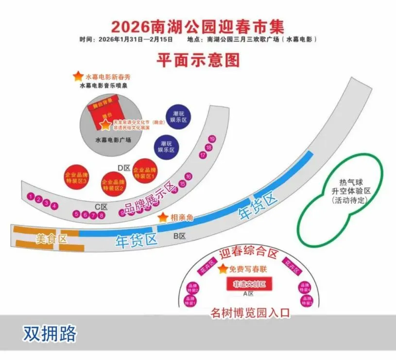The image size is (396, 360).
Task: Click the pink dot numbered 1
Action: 31,197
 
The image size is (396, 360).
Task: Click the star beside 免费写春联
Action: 223,269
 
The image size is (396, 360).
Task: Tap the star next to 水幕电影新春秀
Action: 78,76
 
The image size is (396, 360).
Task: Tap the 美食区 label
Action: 51,239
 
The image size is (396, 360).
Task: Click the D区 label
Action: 125,168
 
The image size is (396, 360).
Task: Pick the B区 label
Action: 180,236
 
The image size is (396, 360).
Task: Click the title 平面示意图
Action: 198,60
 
